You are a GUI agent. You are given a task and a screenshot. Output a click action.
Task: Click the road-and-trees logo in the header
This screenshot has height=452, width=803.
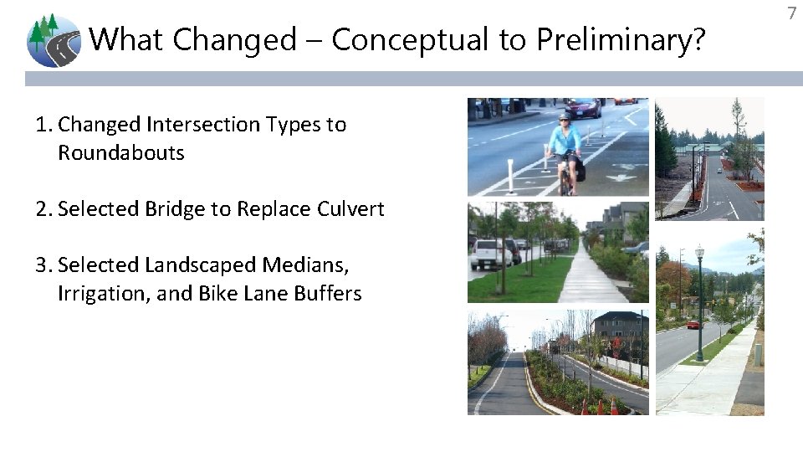54,40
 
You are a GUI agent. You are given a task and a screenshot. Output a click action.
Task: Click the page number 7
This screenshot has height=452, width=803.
791,13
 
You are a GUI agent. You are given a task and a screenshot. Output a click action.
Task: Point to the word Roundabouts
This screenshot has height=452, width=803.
121,153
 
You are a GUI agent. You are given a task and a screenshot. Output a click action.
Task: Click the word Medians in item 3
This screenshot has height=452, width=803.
307,265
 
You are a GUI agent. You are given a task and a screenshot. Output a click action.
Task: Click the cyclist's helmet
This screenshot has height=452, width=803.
565,116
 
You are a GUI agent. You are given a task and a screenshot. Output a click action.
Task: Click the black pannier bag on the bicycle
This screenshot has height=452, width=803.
580,171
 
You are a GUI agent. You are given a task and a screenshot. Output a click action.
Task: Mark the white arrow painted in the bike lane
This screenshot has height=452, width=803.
621,177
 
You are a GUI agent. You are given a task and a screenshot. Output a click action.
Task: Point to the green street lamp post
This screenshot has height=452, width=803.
699,301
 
